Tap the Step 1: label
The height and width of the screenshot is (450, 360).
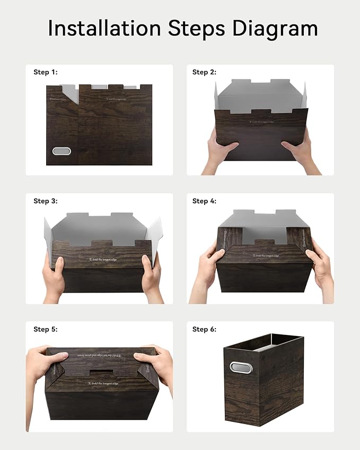(45, 72)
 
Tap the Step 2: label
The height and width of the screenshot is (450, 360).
(204, 72)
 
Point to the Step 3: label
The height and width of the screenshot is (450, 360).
(45, 201)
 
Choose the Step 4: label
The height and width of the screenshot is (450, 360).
(204, 201)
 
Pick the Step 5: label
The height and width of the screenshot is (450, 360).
(45, 329)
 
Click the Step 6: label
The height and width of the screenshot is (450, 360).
(204, 329)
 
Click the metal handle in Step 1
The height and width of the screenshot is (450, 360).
(62, 151)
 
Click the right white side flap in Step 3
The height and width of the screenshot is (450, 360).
(153, 239)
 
